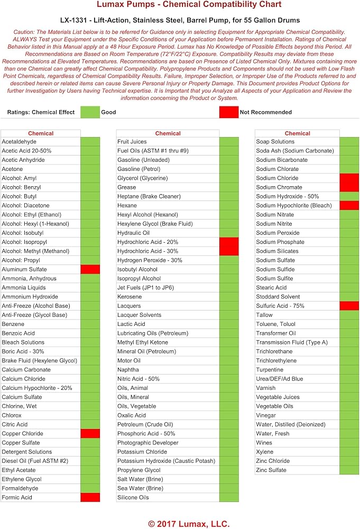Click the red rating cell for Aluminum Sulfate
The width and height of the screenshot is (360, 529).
[90, 269]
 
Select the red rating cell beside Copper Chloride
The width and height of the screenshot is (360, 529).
[90, 433]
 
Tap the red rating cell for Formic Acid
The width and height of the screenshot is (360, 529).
[90, 497]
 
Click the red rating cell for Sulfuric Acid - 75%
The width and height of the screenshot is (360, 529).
[349, 306]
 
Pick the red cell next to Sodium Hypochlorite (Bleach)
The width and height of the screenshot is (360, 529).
[349, 205]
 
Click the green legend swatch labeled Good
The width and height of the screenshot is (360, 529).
[90, 112]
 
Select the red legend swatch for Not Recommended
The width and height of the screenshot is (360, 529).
[228, 112]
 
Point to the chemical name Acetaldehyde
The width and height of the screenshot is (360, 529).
[19, 142]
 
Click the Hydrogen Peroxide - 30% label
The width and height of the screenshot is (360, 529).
[150, 260]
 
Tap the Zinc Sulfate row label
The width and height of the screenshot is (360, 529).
[271, 470]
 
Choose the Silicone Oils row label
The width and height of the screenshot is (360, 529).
[133, 497]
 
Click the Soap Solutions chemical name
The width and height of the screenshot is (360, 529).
[275, 142]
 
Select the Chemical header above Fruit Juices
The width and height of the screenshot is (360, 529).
[168, 133]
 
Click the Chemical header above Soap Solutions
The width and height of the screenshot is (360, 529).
[298, 133]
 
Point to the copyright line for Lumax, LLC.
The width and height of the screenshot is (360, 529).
[189, 523]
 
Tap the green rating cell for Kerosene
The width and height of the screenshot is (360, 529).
[229, 297]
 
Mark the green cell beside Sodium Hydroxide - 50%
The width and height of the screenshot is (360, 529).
[349, 196]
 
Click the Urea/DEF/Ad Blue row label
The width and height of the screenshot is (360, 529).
[280, 379]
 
